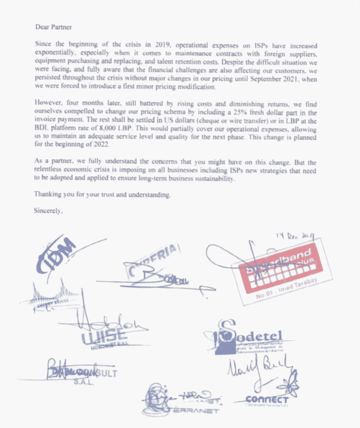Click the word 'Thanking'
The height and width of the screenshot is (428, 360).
pos(47,194)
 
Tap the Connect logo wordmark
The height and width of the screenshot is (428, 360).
pos(268,400)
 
